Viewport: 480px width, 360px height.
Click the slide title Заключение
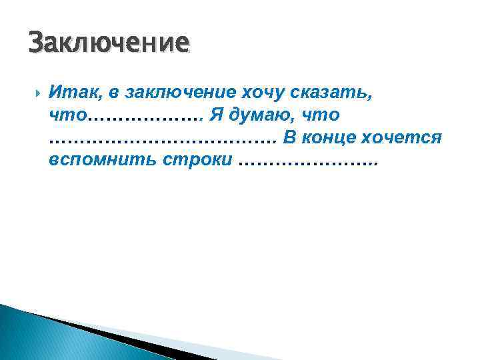point(109,44)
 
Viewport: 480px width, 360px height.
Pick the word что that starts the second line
point(67,115)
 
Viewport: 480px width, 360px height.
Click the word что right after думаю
point(321,115)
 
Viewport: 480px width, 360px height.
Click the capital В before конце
point(290,137)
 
